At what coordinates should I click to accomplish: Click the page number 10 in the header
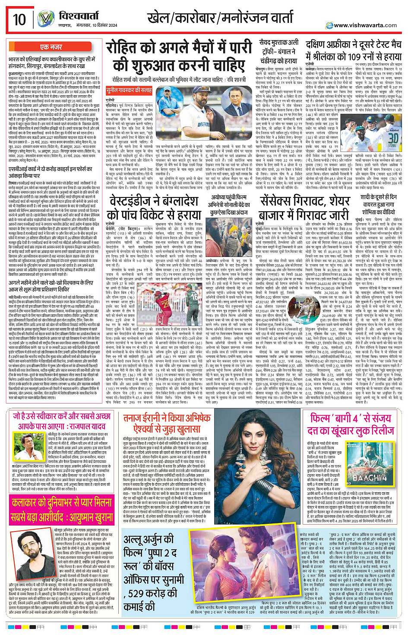click(19, 19)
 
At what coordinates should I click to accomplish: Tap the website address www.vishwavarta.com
click(365, 25)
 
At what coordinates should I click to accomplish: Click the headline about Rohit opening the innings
click(179, 56)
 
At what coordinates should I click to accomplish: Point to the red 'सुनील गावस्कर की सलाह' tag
click(129, 91)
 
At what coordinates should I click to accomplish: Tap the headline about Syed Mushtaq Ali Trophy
click(278, 52)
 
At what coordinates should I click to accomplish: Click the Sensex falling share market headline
click(305, 207)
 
